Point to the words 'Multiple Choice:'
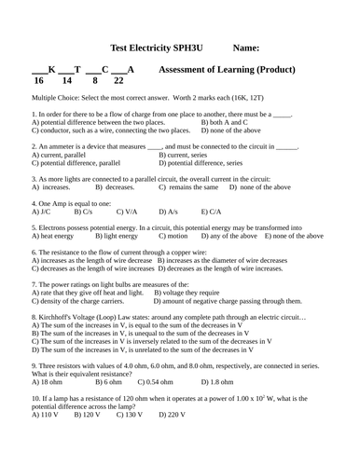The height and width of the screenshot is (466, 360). click(56, 97)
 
